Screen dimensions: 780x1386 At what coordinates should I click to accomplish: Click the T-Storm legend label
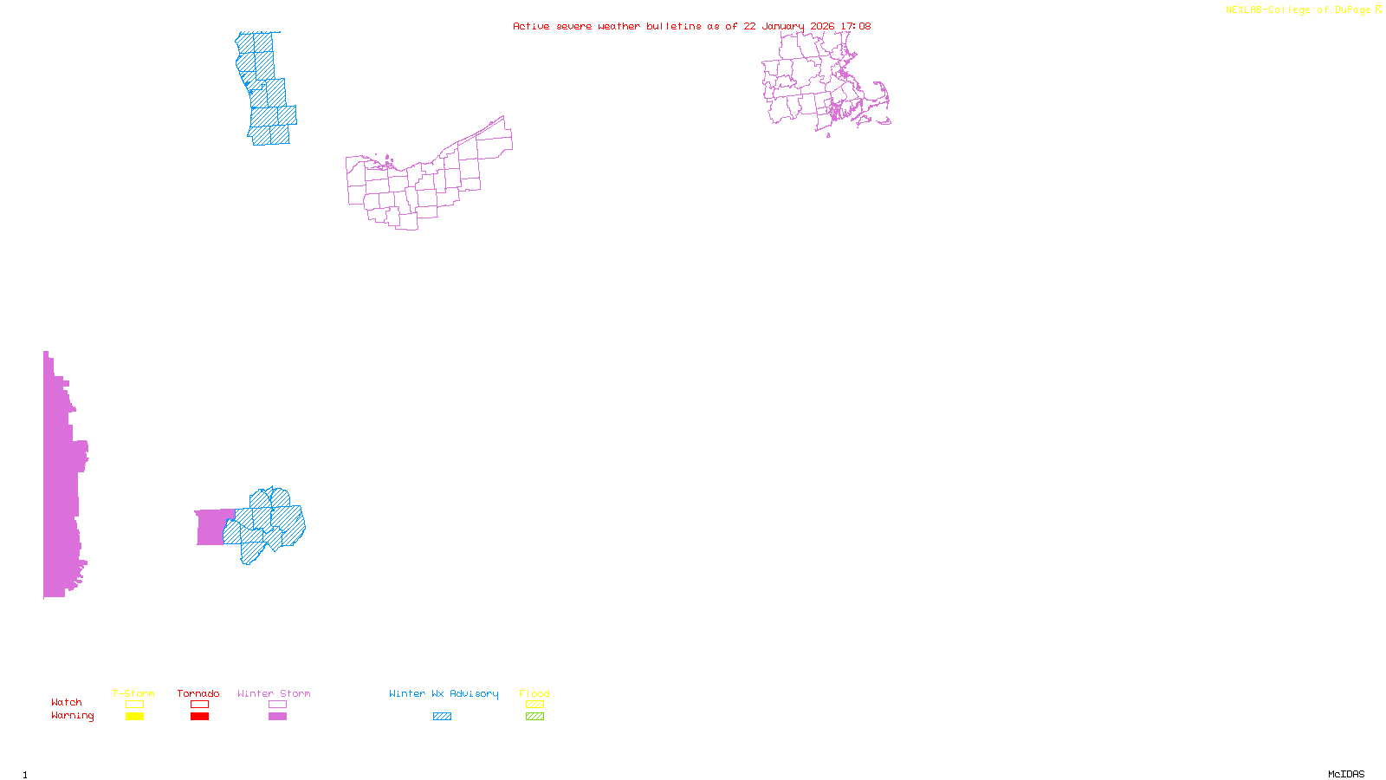(133, 693)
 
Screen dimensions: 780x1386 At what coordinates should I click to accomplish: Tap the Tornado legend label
(198, 693)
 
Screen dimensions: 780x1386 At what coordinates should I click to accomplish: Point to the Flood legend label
(534, 693)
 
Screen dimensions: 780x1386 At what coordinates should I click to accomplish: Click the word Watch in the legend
(67, 702)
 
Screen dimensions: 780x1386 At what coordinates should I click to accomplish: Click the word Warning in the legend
(73, 716)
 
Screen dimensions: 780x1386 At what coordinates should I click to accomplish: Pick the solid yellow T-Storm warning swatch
(134, 717)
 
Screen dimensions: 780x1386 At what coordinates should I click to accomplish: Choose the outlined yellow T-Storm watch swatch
(134, 705)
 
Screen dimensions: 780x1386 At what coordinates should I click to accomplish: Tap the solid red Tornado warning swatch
(200, 717)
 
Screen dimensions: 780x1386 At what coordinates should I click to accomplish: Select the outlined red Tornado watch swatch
(200, 705)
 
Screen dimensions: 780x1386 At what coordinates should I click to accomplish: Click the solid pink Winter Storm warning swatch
(277, 717)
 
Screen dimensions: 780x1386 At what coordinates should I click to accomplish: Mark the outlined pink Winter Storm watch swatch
(277, 705)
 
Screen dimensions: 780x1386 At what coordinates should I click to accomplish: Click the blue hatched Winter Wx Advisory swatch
(442, 717)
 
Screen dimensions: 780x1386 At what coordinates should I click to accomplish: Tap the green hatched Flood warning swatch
(534, 717)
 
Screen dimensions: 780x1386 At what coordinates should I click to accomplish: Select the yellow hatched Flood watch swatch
(534, 705)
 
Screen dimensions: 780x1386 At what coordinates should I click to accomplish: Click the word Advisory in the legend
(474, 693)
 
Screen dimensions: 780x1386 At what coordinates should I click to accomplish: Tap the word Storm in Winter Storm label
(295, 693)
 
